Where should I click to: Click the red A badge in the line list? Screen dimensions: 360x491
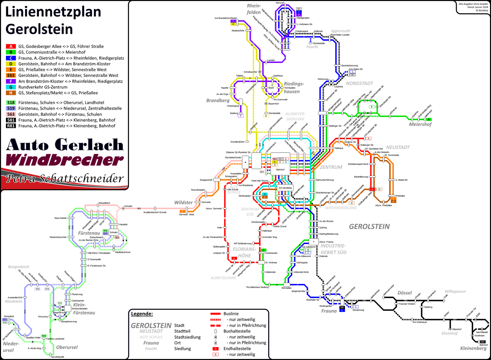point(11,46)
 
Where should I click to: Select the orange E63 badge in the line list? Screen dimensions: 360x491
point(11,75)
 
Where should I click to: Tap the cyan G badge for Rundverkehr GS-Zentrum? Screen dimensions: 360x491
point(11,87)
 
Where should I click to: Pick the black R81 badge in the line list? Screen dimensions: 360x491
point(11,126)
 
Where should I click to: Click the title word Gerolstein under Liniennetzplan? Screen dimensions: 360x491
point(39,29)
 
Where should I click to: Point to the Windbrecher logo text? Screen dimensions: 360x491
point(65,160)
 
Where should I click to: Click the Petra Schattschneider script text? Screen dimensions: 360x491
point(65,178)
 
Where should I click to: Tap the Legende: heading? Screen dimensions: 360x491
point(142,314)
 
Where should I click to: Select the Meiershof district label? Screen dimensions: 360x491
point(420,124)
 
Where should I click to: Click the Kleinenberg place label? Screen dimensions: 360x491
point(473,348)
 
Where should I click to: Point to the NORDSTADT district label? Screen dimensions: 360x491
point(359,83)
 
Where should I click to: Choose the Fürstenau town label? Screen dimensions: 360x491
point(89,233)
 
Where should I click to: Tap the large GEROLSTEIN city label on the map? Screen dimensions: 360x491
point(369,227)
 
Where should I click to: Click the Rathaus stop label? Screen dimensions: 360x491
point(339,148)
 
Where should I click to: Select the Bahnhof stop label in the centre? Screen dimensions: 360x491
point(280,170)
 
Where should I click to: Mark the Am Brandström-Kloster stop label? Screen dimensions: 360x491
point(226,18)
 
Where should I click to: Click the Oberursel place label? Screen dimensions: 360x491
point(67,347)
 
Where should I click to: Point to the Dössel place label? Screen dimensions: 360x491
point(404,293)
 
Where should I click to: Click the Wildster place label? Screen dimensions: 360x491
point(183,202)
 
